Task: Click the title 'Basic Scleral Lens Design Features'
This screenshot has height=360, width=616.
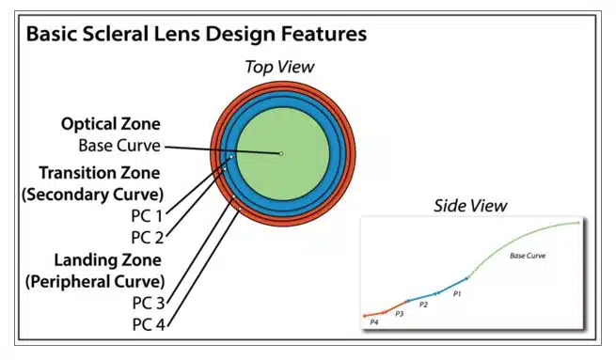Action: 197,34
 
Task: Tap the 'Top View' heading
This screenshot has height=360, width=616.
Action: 279,67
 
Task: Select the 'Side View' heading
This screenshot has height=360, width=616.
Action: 470,206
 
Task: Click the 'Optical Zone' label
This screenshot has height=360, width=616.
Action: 111,124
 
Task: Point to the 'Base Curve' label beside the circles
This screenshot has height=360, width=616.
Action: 119,146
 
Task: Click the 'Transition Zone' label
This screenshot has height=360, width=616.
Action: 100,173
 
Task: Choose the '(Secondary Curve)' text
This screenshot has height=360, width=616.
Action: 93,195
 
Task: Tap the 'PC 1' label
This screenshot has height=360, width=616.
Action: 147,216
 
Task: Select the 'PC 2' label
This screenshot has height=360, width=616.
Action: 148,238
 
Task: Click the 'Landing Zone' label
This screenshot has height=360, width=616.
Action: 107,260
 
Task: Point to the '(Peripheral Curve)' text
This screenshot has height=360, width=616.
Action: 95,282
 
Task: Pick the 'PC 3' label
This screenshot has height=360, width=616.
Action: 149,304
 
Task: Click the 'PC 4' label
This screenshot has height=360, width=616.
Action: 149,325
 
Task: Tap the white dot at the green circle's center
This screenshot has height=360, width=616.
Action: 281,154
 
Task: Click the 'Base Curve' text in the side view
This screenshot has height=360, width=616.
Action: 528,256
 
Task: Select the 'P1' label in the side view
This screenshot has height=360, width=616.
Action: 457,294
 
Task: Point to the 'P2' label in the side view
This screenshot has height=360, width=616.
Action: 423,305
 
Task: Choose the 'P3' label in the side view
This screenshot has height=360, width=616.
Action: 399,314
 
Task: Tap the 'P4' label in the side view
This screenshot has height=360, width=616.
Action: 374,322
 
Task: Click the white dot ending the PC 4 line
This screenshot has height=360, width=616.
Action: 240,210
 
